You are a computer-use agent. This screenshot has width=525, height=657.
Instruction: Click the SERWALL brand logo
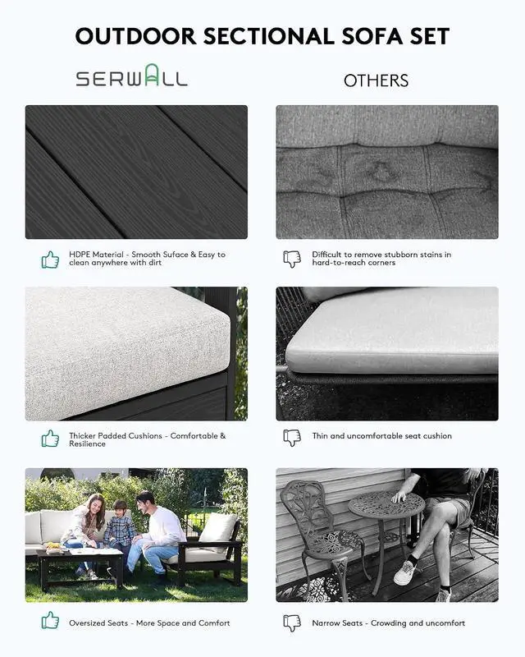(131, 76)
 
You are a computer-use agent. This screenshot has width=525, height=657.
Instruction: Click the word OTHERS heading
(376, 80)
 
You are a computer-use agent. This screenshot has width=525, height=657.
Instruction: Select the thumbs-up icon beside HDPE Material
(50, 260)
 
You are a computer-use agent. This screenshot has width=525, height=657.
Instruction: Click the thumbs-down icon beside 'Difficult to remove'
(292, 259)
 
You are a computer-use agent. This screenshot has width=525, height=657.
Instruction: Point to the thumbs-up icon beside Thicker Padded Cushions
(50, 439)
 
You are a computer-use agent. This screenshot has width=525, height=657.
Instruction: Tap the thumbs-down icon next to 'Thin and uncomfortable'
(292, 438)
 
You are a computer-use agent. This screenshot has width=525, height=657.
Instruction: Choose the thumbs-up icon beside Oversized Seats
(50, 620)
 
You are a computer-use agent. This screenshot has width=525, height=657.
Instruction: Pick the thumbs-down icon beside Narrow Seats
(292, 623)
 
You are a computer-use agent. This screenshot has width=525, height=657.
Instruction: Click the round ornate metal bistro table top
(386, 505)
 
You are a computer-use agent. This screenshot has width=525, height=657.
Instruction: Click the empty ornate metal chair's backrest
(304, 506)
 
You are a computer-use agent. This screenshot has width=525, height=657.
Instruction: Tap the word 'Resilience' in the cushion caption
(87, 444)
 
